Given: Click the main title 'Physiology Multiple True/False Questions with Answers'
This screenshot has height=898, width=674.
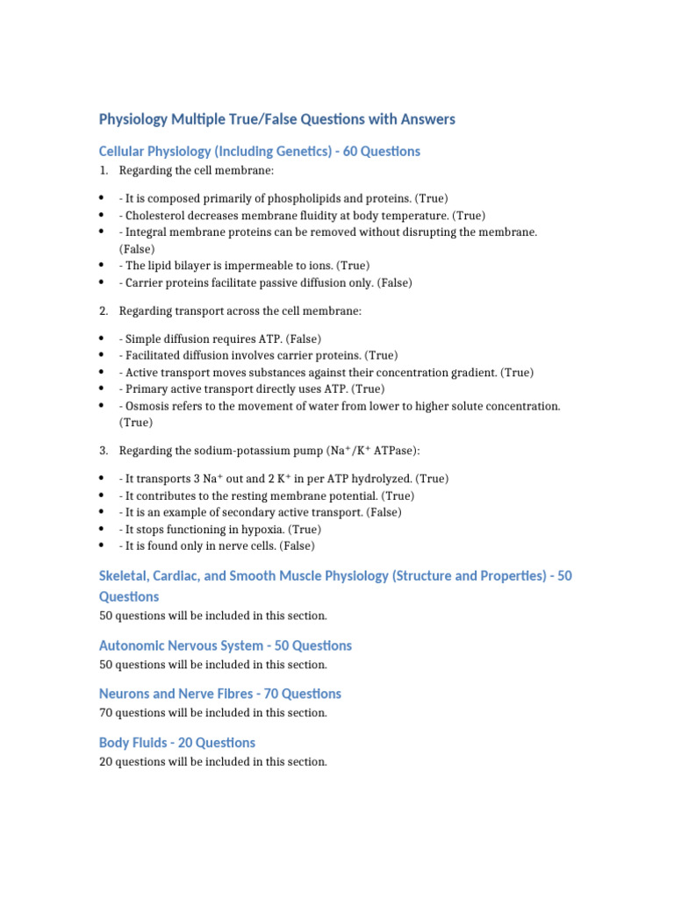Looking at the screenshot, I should point(277,118).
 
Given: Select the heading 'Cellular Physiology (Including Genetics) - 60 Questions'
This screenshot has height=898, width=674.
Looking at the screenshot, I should point(260,151).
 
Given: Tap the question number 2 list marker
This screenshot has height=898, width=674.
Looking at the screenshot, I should point(104,311).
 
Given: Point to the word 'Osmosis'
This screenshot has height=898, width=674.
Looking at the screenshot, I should point(148,406).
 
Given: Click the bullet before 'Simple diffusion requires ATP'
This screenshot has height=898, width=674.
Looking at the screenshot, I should point(103,339).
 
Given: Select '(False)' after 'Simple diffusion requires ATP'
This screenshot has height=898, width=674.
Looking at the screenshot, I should point(304,339).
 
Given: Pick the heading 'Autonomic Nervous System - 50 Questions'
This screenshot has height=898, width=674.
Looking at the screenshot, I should point(226,645).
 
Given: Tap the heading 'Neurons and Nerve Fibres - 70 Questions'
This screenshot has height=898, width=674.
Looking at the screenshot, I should point(220,694).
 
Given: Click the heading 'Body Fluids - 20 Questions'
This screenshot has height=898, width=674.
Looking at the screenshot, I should point(177,743).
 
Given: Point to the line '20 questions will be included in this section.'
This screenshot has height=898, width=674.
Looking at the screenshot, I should point(213,762).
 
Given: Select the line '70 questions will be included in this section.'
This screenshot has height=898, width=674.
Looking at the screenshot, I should point(213,713).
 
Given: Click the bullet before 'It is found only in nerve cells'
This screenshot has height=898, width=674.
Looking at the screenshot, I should point(103,545).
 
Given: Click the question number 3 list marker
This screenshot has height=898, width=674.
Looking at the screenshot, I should point(104,451).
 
